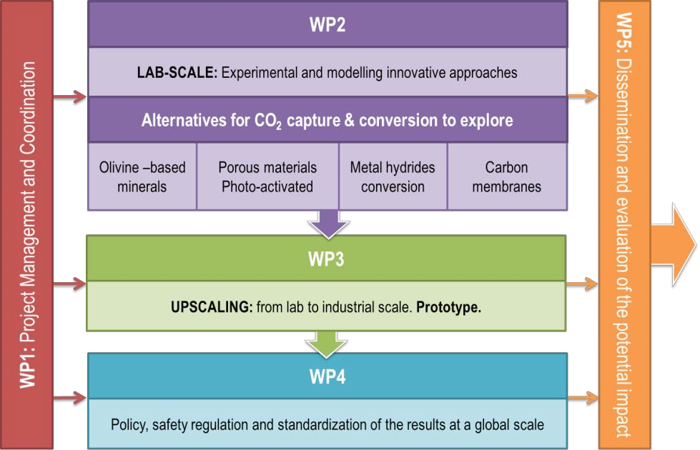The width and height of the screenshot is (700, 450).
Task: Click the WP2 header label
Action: tap(327, 24)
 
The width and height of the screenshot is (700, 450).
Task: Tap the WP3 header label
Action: tap(326, 259)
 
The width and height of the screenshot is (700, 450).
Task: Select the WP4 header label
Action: tap(327, 377)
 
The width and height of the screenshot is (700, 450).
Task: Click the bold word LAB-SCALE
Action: tap(177, 72)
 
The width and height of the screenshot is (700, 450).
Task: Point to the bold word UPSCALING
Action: tap(212, 307)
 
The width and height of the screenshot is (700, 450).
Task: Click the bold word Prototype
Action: tap(448, 307)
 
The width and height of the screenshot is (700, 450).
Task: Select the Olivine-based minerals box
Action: tap(142, 176)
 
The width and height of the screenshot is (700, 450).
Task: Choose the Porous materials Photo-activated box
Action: tap(267, 176)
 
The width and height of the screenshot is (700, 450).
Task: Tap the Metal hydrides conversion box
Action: tap(393, 176)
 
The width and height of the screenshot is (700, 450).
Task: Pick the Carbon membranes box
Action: tap(507, 176)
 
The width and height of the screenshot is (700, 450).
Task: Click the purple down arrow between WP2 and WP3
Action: tap(329, 224)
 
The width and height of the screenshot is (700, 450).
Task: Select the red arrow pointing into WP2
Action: tap(69, 96)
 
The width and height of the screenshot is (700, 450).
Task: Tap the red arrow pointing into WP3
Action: tap(69, 284)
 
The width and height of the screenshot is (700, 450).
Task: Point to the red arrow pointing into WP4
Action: tap(69, 397)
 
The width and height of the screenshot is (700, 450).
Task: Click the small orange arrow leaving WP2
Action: tap(583, 96)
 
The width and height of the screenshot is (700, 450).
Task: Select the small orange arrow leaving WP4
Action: tap(583, 397)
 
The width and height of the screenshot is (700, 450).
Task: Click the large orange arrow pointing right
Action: tap(674, 245)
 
